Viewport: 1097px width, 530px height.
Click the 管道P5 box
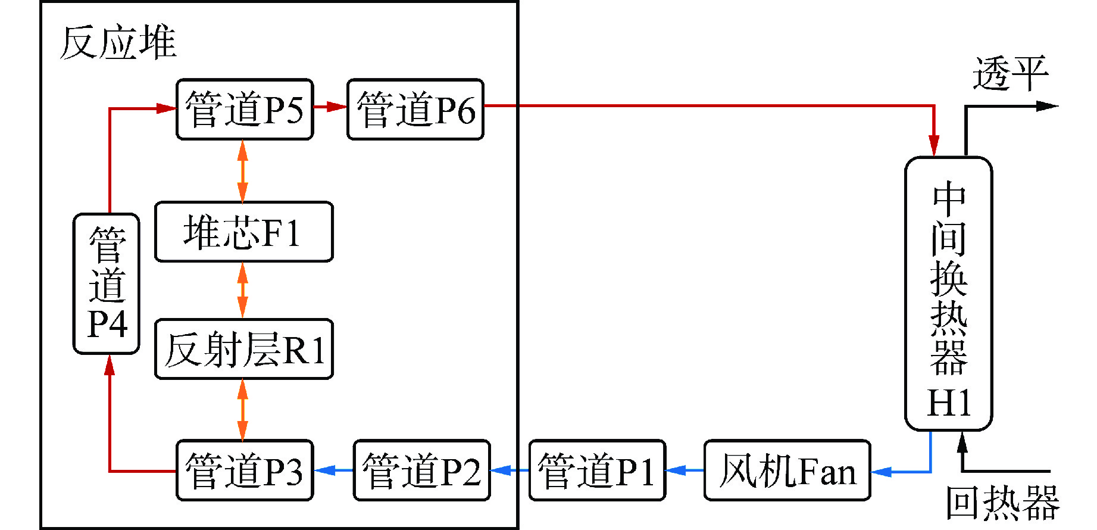245,110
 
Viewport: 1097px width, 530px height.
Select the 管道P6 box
415,110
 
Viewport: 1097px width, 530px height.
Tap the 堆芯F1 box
243,232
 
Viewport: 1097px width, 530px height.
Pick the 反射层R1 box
243,349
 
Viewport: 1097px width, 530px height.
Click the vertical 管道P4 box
107,283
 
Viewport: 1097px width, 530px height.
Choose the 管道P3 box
245,470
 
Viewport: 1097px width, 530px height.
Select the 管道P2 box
421,470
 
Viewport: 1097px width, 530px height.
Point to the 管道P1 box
597,470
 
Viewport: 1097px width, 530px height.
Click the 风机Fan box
787,470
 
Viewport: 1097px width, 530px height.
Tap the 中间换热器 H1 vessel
948,293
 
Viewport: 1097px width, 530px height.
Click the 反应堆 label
118,43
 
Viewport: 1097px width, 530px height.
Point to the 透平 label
1010,74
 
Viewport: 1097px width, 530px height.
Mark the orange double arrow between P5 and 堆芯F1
243,171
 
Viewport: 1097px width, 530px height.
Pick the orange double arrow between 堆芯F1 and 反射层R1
243,290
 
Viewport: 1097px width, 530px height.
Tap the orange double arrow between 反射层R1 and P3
243,410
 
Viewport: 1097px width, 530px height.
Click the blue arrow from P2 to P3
333,470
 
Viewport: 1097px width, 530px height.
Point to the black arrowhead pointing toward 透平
1046,107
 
